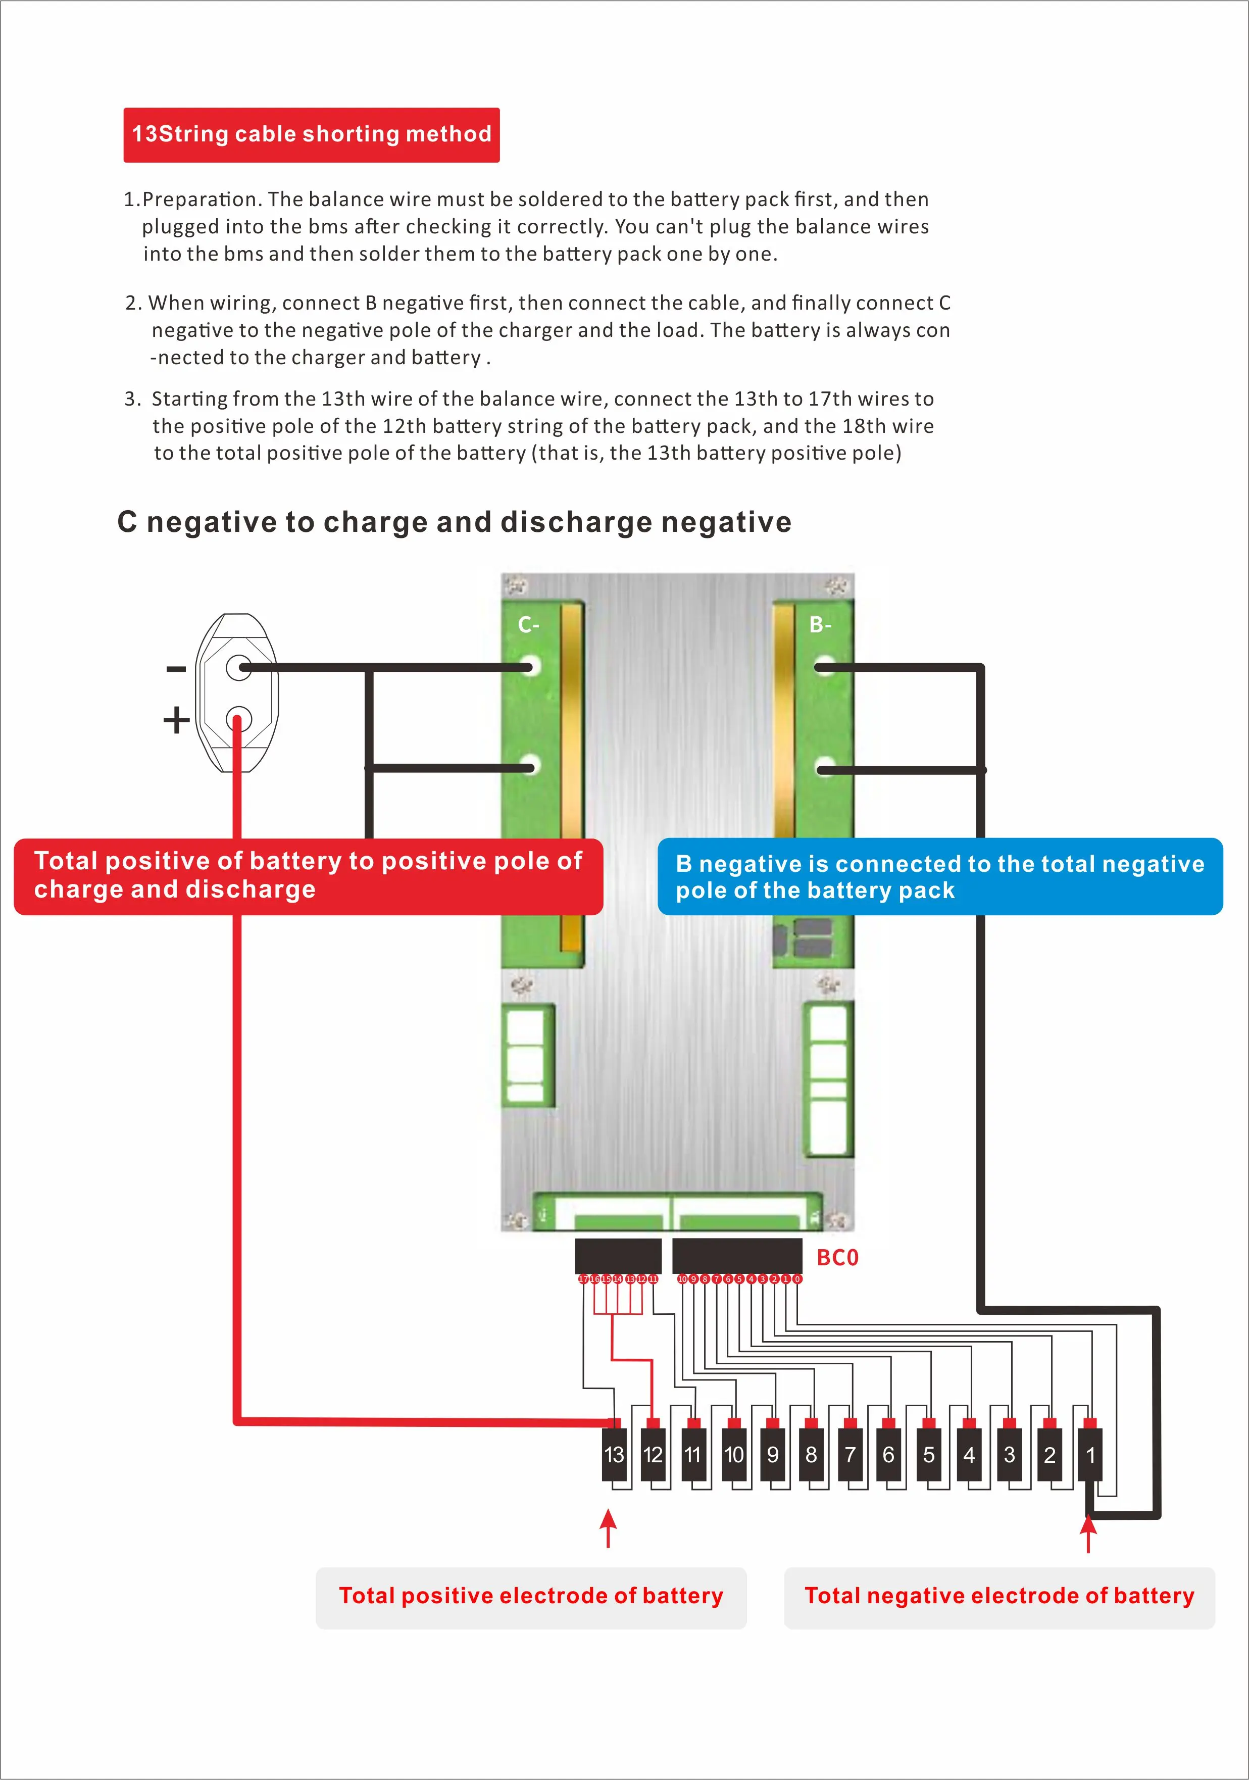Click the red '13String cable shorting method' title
(x=311, y=134)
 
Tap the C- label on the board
(x=529, y=625)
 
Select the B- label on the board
(x=820, y=625)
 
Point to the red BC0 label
(x=837, y=1258)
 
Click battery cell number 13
(x=614, y=1454)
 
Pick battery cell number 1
(x=1089, y=1454)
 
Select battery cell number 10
(x=733, y=1454)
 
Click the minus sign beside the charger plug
(x=176, y=668)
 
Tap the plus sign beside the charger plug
(x=176, y=719)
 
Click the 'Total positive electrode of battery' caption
(x=531, y=1596)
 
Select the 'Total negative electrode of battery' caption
(x=1000, y=1596)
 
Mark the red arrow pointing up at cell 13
(x=609, y=1528)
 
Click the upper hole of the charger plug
(x=238, y=667)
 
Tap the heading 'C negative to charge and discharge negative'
(x=455, y=522)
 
